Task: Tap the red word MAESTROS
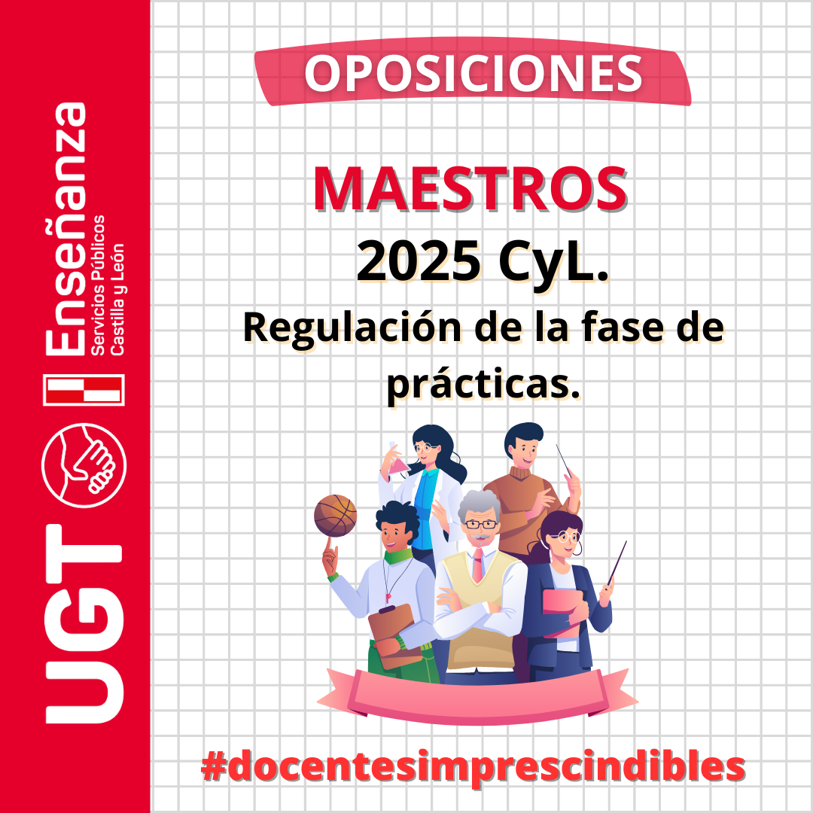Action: (x=470, y=189)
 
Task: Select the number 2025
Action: (x=419, y=260)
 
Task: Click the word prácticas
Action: (x=483, y=385)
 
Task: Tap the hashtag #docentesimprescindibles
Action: (x=473, y=766)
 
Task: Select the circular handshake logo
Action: (x=84, y=465)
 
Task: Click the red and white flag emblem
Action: (x=84, y=389)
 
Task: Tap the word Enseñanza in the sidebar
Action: (x=65, y=229)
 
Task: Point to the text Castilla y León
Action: (x=117, y=299)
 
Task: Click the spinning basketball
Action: (x=336, y=516)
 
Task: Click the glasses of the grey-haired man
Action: (x=480, y=524)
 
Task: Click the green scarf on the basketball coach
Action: (x=398, y=556)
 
